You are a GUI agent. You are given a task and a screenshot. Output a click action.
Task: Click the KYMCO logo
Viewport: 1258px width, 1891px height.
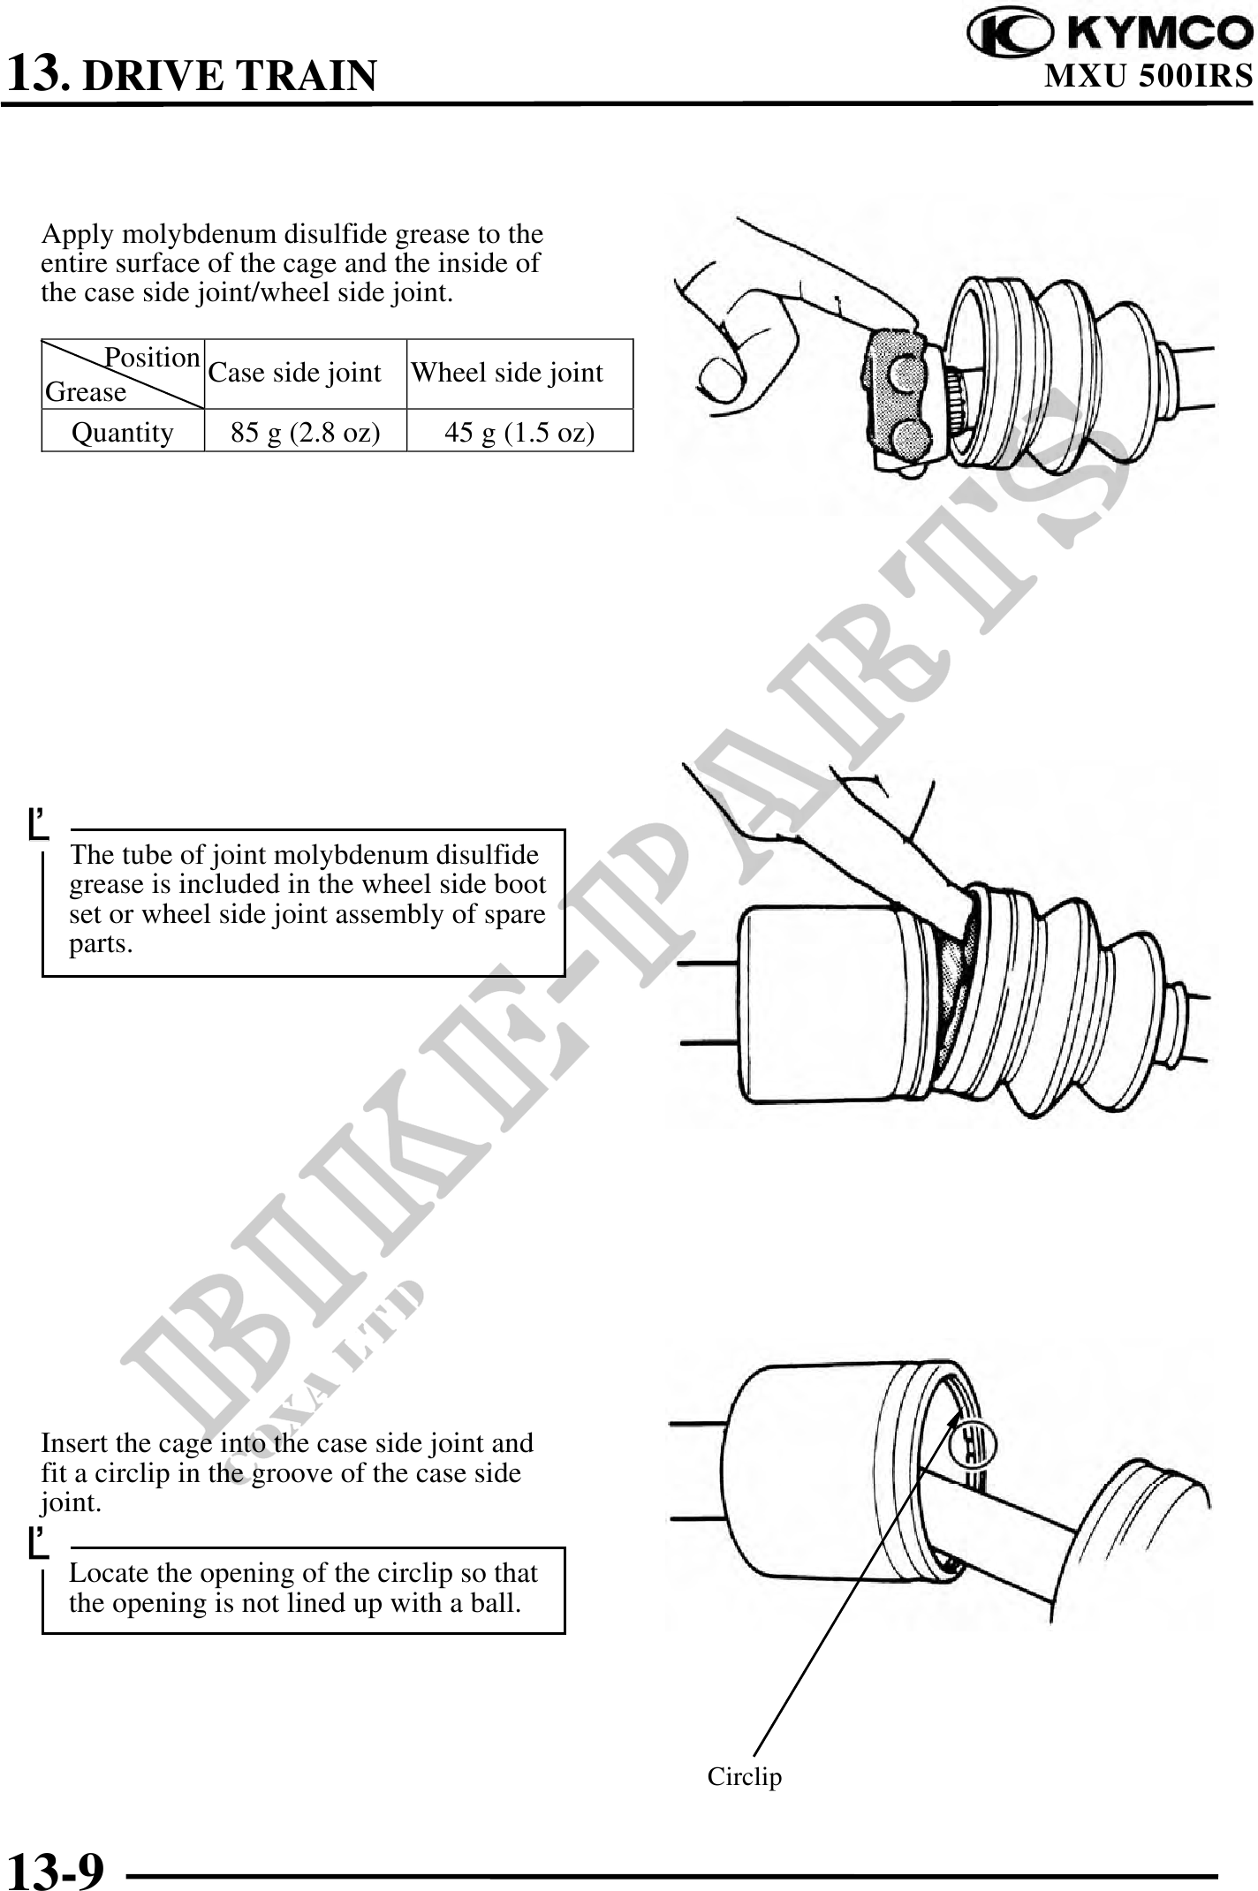coord(1110,34)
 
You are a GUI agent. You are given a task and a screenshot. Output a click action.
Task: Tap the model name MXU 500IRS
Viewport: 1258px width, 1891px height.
coord(1148,76)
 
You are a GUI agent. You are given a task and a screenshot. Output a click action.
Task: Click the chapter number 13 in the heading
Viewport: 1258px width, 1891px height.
coord(34,72)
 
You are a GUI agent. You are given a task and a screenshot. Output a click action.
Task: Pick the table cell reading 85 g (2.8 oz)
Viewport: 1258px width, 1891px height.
coord(306,432)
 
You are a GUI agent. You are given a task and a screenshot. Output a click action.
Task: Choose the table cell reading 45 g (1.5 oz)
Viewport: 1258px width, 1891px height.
coord(519,432)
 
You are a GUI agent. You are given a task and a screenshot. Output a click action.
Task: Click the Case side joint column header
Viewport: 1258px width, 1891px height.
coord(295,373)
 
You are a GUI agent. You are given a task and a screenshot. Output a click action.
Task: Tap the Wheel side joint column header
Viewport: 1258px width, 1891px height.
coord(507,373)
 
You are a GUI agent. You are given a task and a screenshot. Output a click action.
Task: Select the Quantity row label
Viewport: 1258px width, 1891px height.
coord(122,432)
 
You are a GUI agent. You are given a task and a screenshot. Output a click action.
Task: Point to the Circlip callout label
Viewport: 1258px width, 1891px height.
coord(745,1776)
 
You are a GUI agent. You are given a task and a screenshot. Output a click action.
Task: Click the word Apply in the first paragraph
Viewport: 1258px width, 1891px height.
coord(78,235)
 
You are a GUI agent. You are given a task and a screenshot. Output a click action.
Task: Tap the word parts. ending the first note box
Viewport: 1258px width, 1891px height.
coord(101,945)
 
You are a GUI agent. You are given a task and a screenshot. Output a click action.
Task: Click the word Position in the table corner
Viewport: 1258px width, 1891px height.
coord(152,358)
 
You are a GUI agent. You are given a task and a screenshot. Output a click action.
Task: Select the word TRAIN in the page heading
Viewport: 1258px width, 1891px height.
coord(305,76)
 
